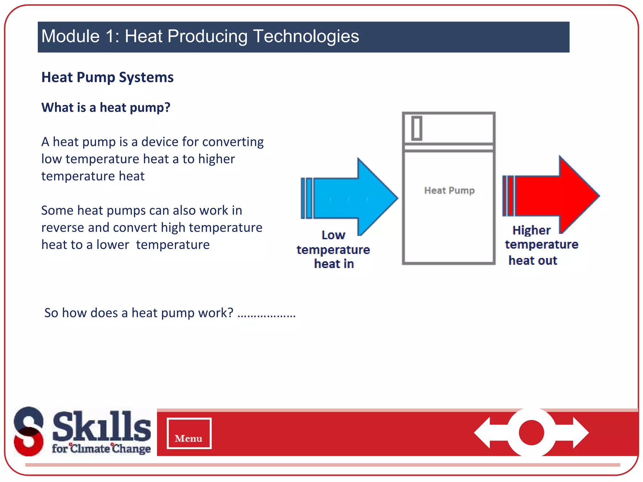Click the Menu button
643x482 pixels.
[189, 433]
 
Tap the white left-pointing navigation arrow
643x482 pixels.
[488, 433]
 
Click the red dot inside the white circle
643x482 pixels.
[531, 433]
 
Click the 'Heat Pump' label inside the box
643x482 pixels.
[449, 190]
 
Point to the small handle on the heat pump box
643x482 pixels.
[417, 128]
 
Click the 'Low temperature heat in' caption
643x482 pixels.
[333, 249]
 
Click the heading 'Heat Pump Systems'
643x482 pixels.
[107, 77]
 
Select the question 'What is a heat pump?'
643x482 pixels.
[106, 107]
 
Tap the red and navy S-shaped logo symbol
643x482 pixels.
[29, 431]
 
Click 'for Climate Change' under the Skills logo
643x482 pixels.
[101, 448]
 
